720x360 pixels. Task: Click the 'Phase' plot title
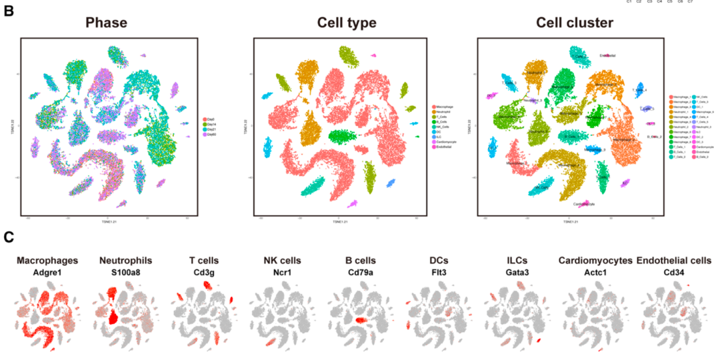[x=106, y=23]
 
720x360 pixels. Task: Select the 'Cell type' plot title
[x=346, y=23]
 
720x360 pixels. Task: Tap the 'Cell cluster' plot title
[x=575, y=23]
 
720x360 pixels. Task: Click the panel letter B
[x=9, y=11]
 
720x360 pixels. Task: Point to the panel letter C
[x=9, y=237]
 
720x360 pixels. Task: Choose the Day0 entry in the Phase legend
[x=209, y=119]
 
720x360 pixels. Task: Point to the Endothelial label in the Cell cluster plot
[x=608, y=55]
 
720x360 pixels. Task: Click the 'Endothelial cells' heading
[x=674, y=261]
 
